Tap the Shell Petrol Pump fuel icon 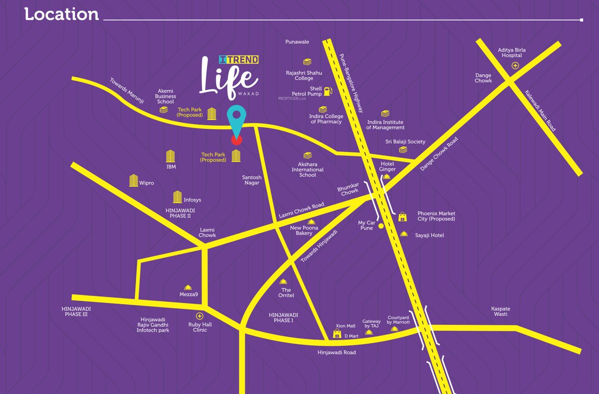click(328, 91)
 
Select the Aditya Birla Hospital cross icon click(515, 66)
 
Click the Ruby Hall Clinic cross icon click(200, 316)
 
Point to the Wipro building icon click(133, 181)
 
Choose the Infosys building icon click(177, 197)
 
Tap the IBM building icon click(171, 156)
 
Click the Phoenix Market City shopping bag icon click(402, 217)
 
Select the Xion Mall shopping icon click(337, 334)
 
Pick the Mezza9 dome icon click(188, 288)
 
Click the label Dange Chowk click(483, 77)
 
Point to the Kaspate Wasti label click(500, 311)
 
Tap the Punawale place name click(297, 42)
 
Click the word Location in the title click(62, 14)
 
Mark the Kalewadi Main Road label click(540, 111)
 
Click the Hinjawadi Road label click(336, 352)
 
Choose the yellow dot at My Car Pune click(381, 226)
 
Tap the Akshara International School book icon click(307, 155)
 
